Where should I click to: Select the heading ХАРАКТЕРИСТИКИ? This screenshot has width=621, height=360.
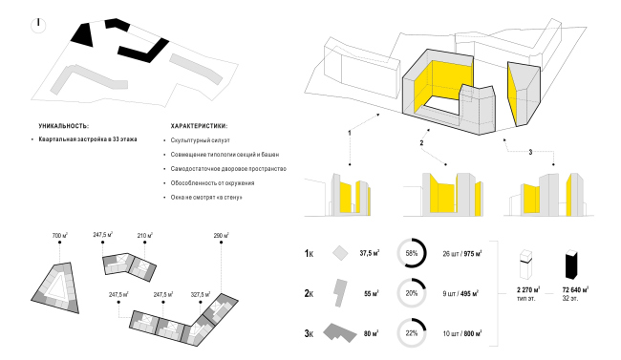click(199, 125)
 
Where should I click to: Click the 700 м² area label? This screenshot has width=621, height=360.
click(61, 234)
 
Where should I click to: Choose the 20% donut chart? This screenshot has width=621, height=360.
click(414, 294)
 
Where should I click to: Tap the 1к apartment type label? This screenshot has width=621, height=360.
click(309, 254)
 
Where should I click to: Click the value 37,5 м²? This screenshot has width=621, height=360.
click(369, 254)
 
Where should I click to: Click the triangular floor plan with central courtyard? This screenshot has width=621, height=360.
click(61, 286)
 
